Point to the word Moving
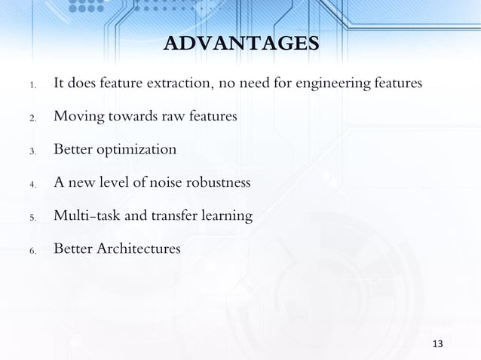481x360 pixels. (x=78, y=117)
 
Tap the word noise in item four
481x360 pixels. (x=168, y=183)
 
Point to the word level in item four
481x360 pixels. (x=121, y=183)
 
